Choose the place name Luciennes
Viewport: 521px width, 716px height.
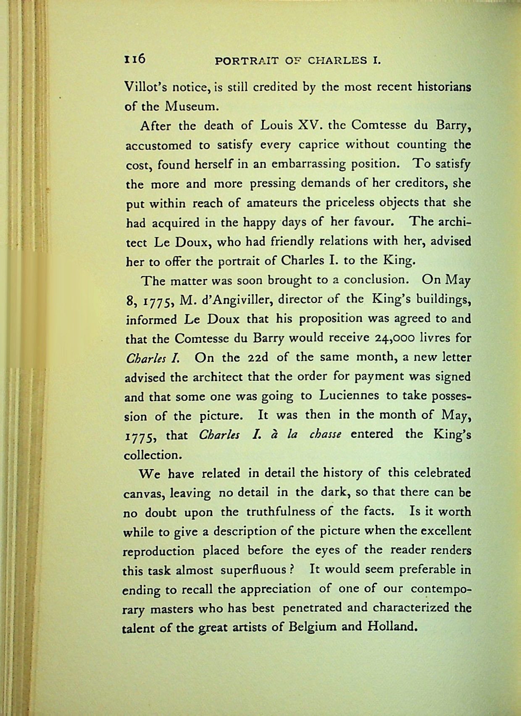pyautogui.click(x=349, y=396)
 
